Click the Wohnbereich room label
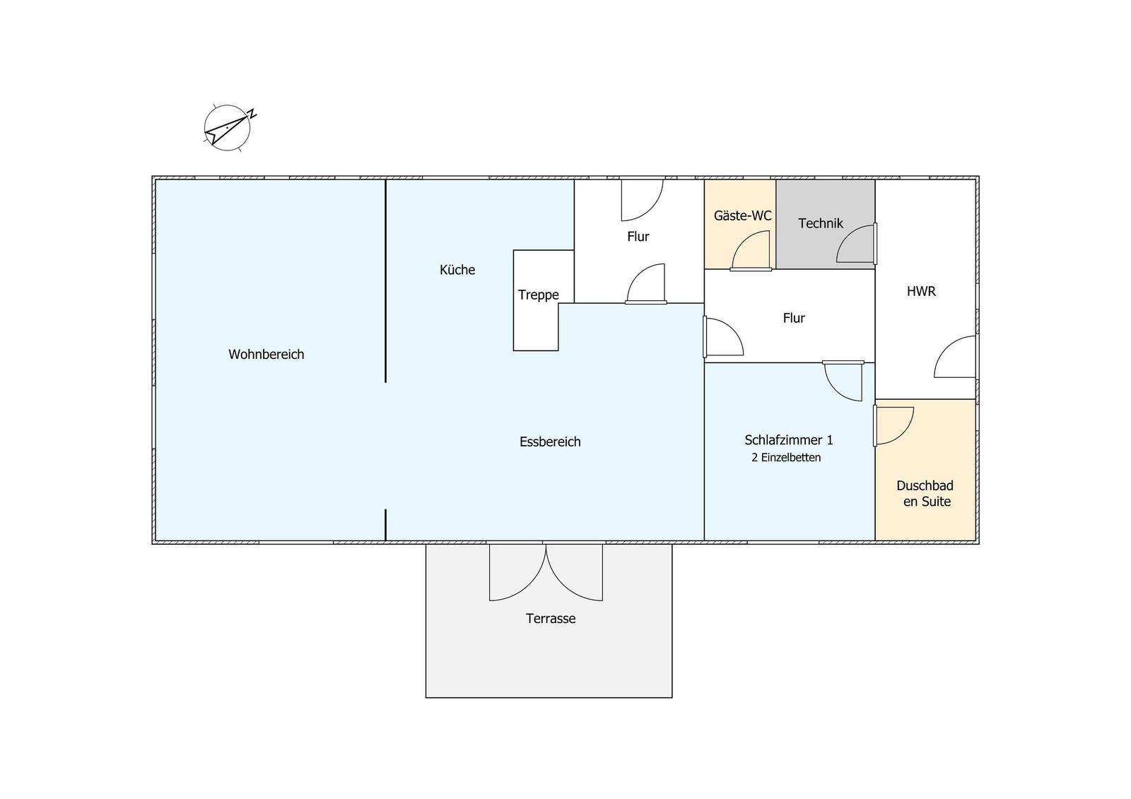266,355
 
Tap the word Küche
457,270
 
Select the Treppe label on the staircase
538,295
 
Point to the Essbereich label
550,442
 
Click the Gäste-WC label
743,215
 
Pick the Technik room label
821,223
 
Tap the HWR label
921,291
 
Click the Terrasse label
551,618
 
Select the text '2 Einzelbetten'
786,457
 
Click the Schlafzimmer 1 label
789,440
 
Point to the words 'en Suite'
927,501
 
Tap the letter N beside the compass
251,114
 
